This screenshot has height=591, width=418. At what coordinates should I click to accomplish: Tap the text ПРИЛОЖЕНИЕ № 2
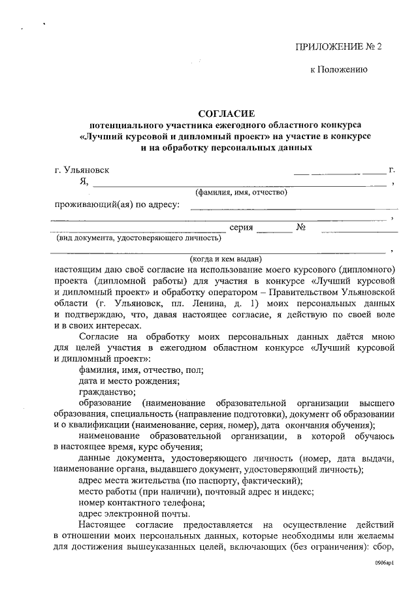338,46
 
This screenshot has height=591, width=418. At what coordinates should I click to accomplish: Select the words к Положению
338,69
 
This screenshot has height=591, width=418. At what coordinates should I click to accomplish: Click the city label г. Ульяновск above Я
82,170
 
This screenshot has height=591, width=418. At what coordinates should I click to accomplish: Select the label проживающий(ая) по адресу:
118,205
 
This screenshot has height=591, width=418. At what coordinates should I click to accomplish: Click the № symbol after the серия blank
302,228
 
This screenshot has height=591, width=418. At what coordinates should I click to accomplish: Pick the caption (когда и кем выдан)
221,258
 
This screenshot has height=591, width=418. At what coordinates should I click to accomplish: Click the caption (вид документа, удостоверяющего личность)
133,238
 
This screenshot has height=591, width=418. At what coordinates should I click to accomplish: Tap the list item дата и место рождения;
129,381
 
